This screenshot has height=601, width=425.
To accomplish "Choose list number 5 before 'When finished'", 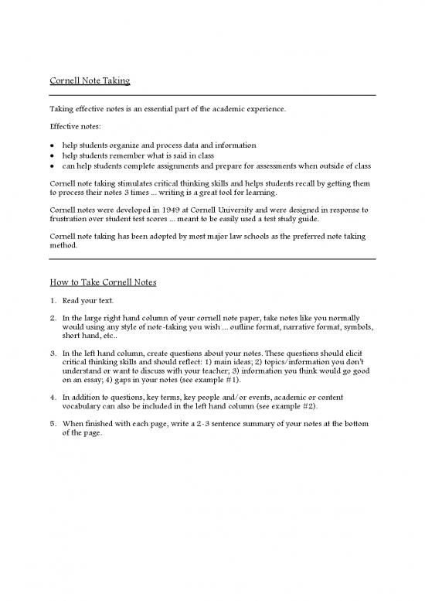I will click(x=52, y=423).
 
